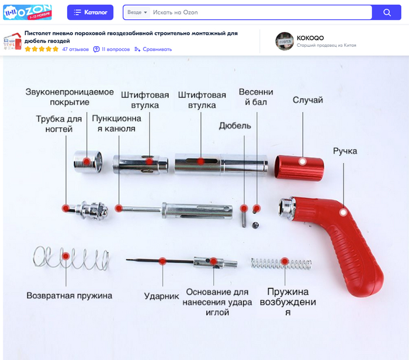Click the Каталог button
(x=90, y=12)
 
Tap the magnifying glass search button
(x=387, y=12)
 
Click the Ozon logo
(x=27, y=12)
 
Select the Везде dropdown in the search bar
(x=137, y=12)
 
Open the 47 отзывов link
(x=75, y=49)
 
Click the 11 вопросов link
(x=112, y=49)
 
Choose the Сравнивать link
(x=153, y=49)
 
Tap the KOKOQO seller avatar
(x=285, y=41)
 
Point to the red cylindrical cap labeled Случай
(x=299, y=168)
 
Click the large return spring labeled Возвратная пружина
(x=71, y=258)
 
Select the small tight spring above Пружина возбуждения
(x=281, y=263)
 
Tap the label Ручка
(x=345, y=151)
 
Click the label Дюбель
(x=235, y=126)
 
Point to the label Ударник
(x=161, y=296)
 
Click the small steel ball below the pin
(x=255, y=225)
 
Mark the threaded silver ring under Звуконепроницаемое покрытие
(x=88, y=162)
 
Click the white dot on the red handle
(x=344, y=212)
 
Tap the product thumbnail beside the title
(x=12, y=41)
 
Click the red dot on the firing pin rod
(x=162, y=261)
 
